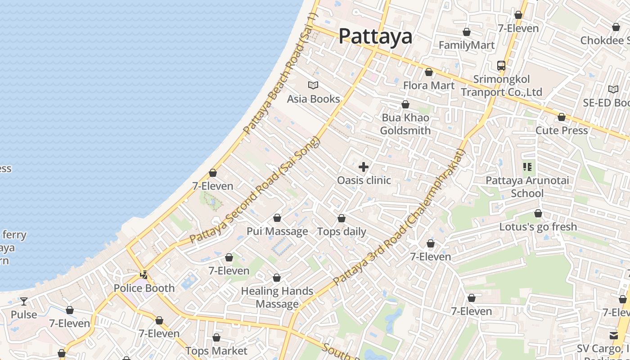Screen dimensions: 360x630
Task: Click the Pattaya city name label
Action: [x=375, y=36]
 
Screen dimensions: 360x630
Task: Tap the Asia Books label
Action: [x=313, y=99]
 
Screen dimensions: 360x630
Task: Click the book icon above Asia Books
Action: [x=313, y=85]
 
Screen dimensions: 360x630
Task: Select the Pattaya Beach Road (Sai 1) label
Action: [x=280, y=74]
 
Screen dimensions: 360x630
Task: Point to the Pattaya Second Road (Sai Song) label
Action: [x=254, y=190]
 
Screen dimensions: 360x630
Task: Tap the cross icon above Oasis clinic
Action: [x=364, y=167]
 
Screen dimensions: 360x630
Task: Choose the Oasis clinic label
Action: [x=364, y=180]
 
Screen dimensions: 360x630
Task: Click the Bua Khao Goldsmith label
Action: [x=405, y=124]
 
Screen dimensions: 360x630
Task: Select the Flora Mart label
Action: [x=428, y=85]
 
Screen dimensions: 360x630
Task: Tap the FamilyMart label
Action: [x=467, y=45]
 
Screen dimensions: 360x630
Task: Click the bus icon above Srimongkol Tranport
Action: [x=501, y=66]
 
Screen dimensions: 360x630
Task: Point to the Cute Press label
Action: [x=561, y=130]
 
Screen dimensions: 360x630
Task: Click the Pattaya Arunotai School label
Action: [x=527, y=187]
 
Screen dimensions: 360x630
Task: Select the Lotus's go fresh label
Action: [x=538, y=226]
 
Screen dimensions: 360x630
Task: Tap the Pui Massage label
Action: [x=277, y=231]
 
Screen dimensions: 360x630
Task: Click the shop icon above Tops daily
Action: [x=342, y=219]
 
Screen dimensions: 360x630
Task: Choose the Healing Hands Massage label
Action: [x=277, y=297]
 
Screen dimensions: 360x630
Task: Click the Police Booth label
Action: [x=144, y=288]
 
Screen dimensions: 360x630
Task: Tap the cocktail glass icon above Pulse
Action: [x=24, y=301]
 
